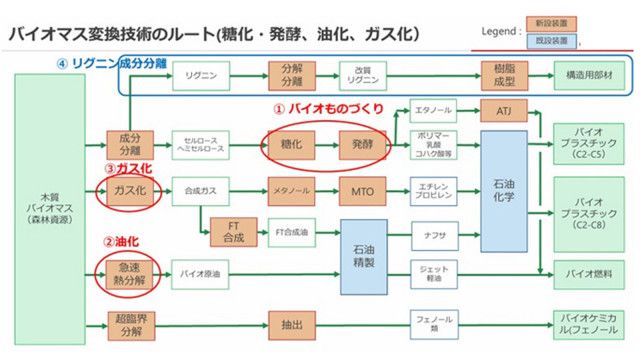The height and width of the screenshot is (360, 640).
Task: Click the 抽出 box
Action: [x=283, y=324]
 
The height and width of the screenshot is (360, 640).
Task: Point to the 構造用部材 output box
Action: [x=589, y=73]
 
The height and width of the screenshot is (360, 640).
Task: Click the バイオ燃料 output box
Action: [x=589, y=271]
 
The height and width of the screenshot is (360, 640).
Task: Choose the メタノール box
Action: [x=284, y=187]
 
